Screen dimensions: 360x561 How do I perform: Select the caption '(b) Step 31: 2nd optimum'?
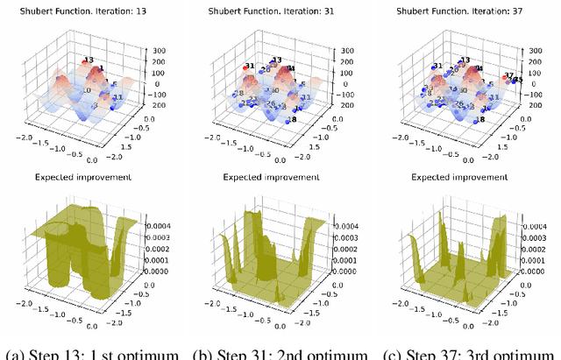280,353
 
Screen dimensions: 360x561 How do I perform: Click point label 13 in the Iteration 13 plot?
89,60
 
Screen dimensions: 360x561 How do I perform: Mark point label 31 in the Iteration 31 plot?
250,66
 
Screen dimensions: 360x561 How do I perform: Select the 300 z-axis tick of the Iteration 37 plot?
536,52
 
